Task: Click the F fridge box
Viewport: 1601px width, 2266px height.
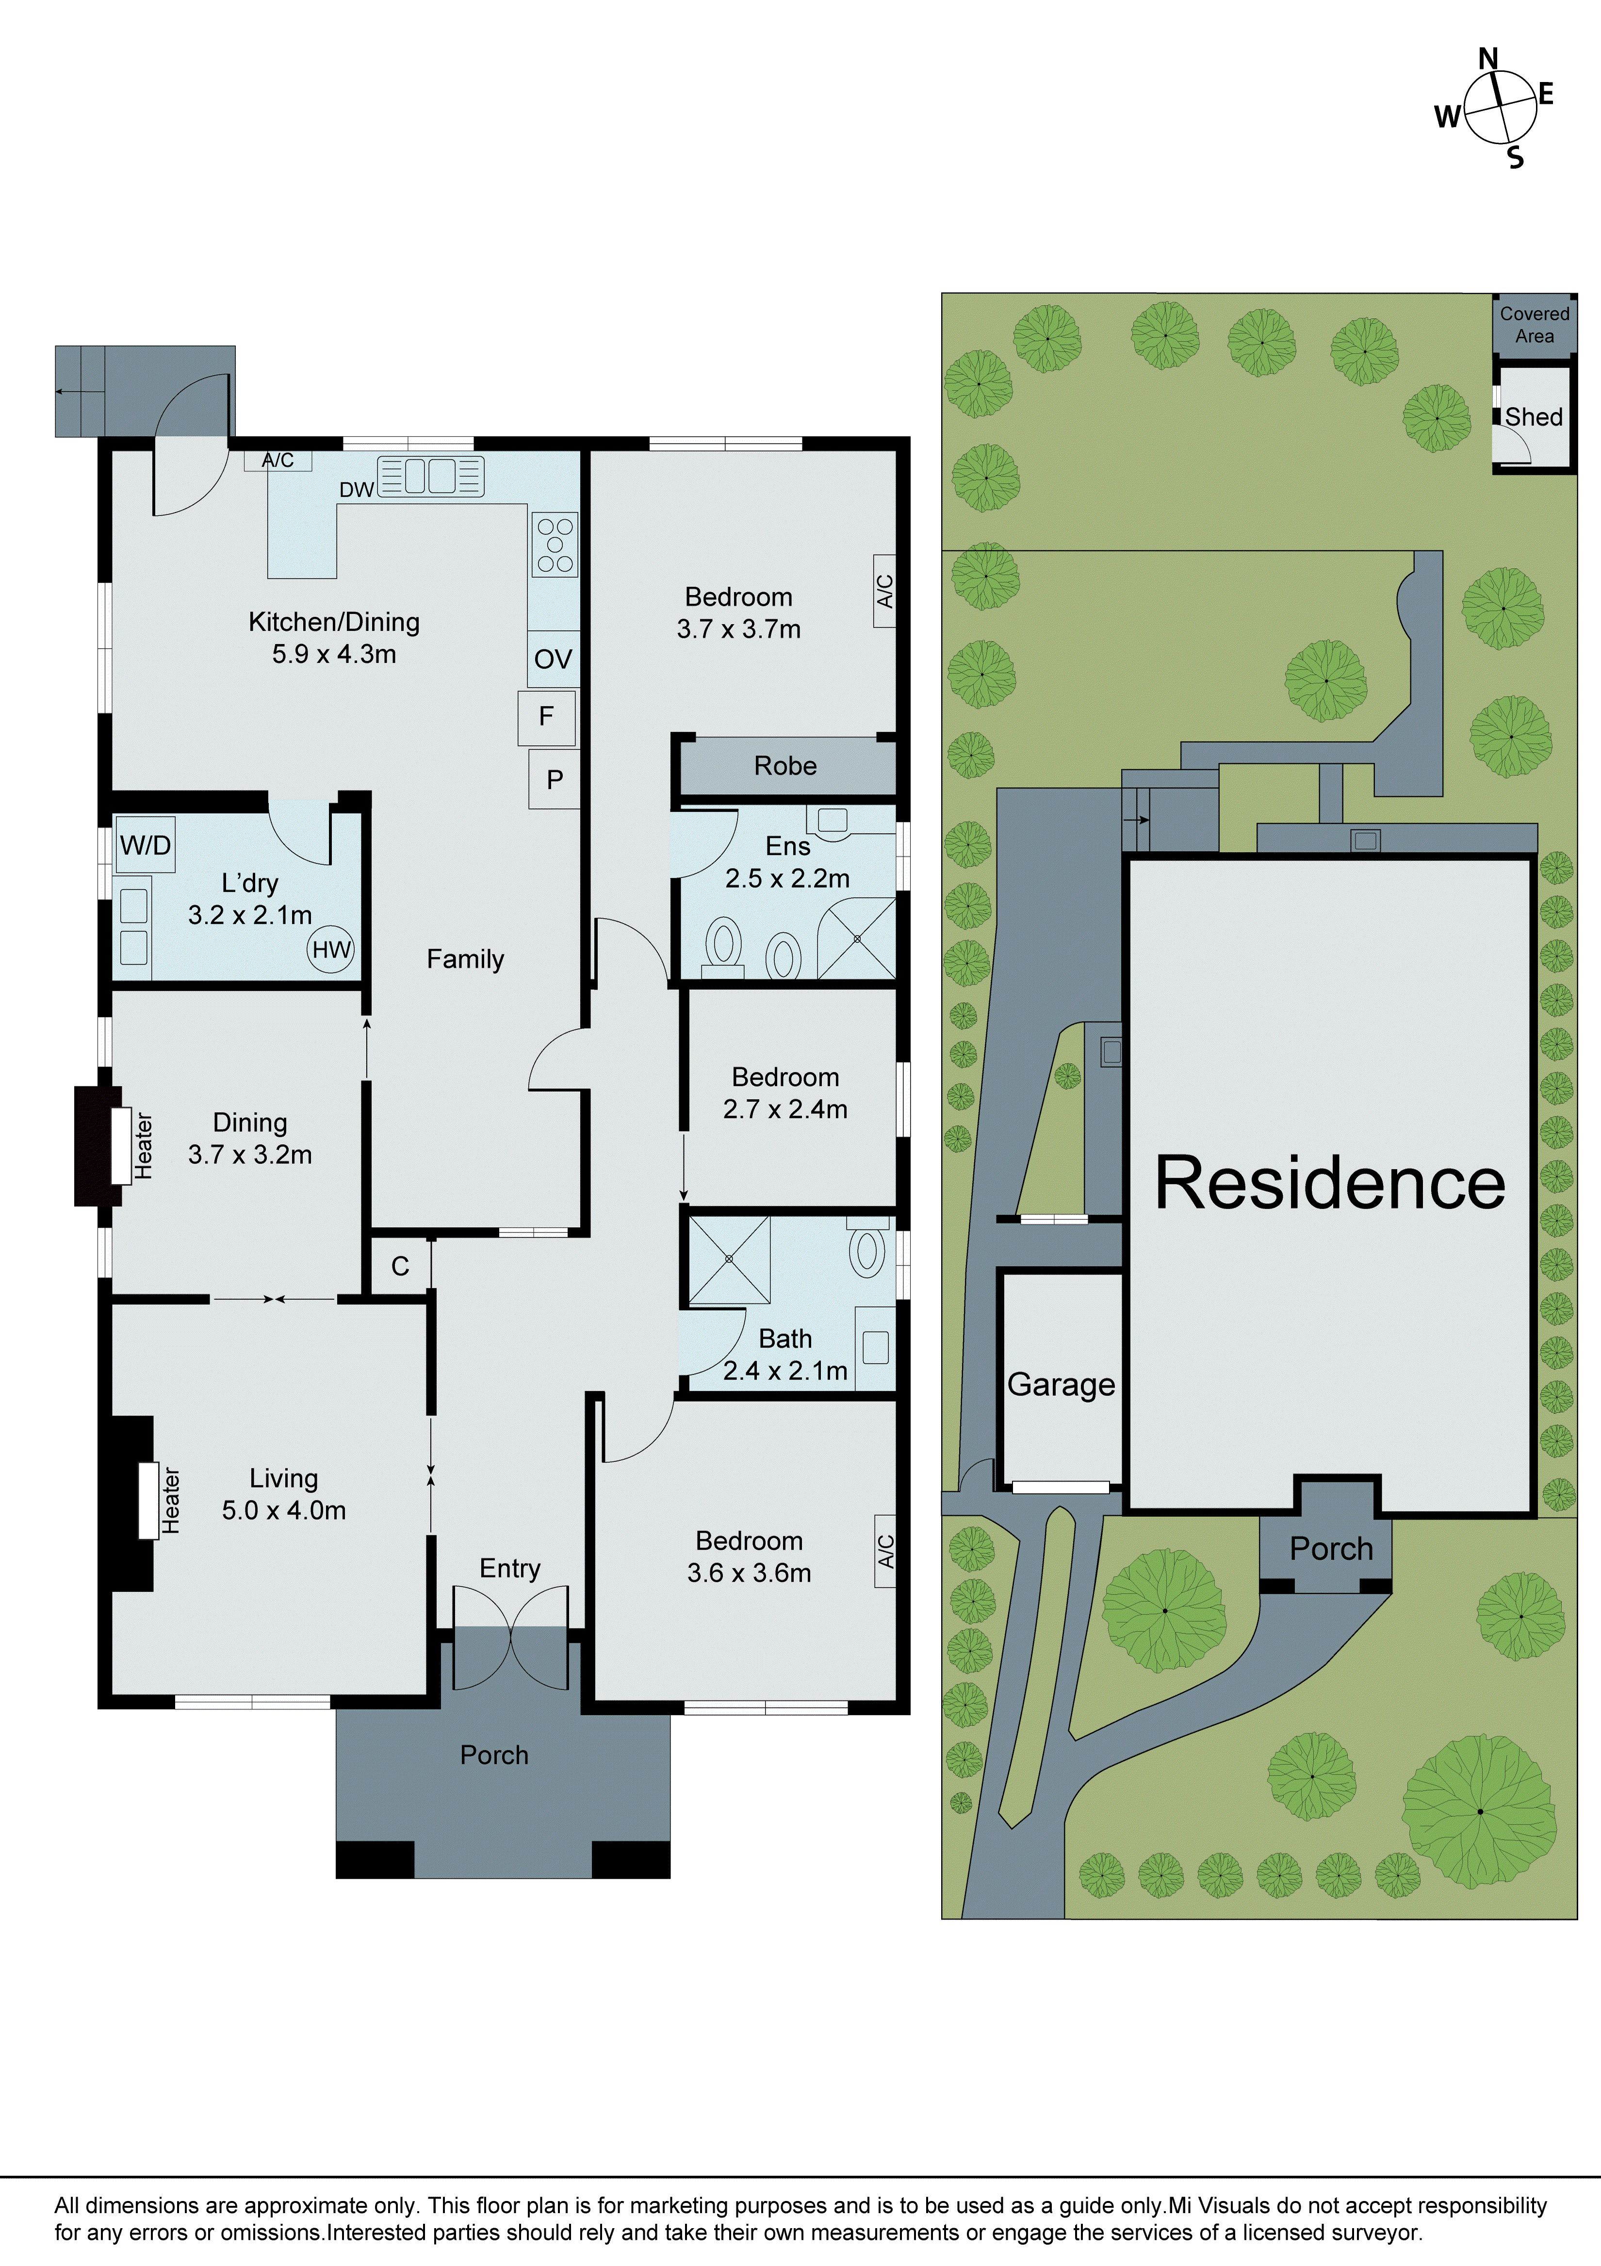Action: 546,717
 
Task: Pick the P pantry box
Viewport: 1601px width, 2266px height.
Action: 555,780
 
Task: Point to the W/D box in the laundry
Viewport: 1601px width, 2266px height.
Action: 145,845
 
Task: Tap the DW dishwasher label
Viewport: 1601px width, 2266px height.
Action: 356,490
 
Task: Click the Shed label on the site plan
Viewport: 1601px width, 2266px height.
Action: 1533,417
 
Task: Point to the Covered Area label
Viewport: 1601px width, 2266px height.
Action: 1534,325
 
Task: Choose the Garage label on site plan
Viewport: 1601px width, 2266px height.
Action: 1061,1385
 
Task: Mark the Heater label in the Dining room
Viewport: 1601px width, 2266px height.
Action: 144,1146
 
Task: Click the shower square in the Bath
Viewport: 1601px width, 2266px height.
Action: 730,1259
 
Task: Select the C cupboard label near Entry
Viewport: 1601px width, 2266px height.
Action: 400,1266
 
